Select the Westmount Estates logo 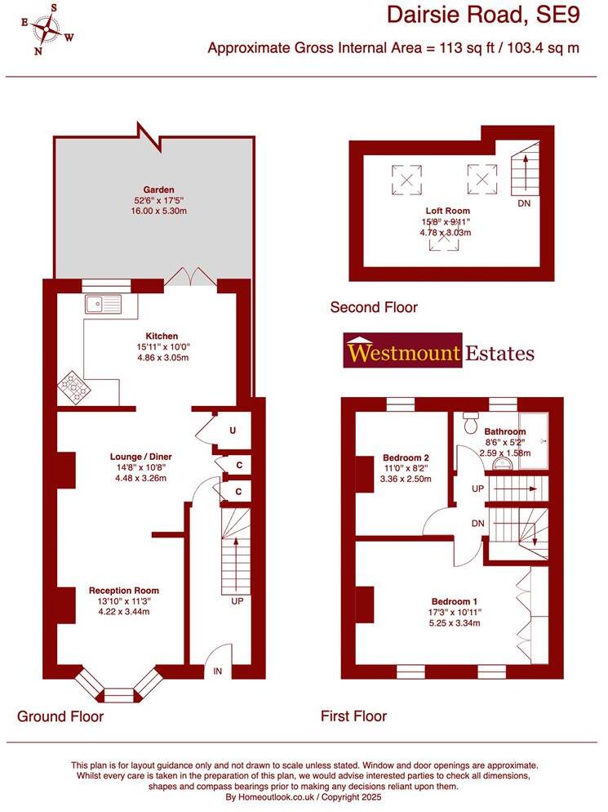click(x=440, y=351)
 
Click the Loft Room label click(x=446, y=210)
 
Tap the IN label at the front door click(x=218, y=671)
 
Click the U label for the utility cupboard click(x=233, y=430)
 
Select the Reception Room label click(x=124, y=591)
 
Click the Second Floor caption click(x=374, y=308)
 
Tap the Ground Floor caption click(x=60, y=716)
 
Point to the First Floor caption click(x=353, y=716)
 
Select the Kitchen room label click(x=162, y=336)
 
